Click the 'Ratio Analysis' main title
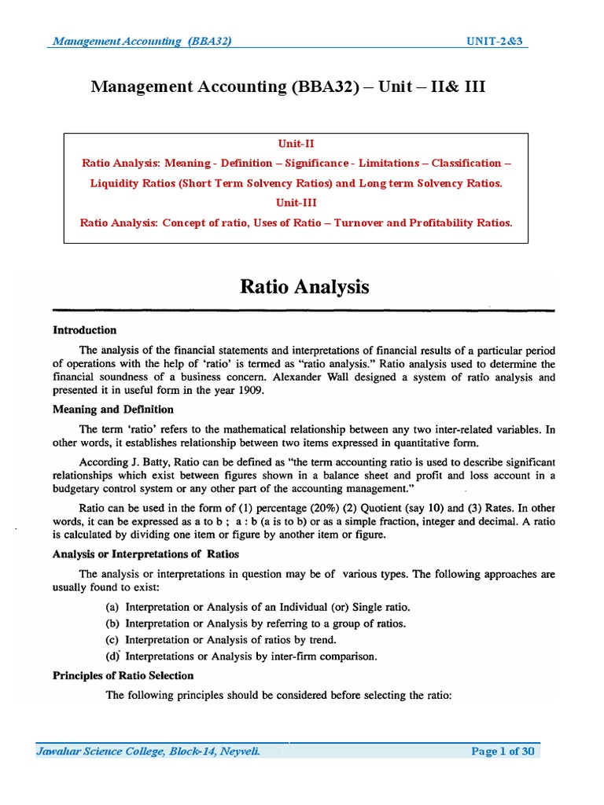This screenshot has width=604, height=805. [x=304, y=287]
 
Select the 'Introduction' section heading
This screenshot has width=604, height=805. [x=84, y=330]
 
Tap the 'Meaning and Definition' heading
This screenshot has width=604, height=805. [x=112, y=410]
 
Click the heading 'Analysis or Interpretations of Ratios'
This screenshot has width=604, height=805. [x=145, y=554]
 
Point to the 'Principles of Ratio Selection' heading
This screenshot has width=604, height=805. [x=123, y=675]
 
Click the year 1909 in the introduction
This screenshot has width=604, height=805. [x=251, y=390]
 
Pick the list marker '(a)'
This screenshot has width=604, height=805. [x=113, y=608]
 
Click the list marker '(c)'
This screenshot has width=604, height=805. [x=113, y=639]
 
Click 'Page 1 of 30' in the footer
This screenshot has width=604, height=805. [x=503, y=752]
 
